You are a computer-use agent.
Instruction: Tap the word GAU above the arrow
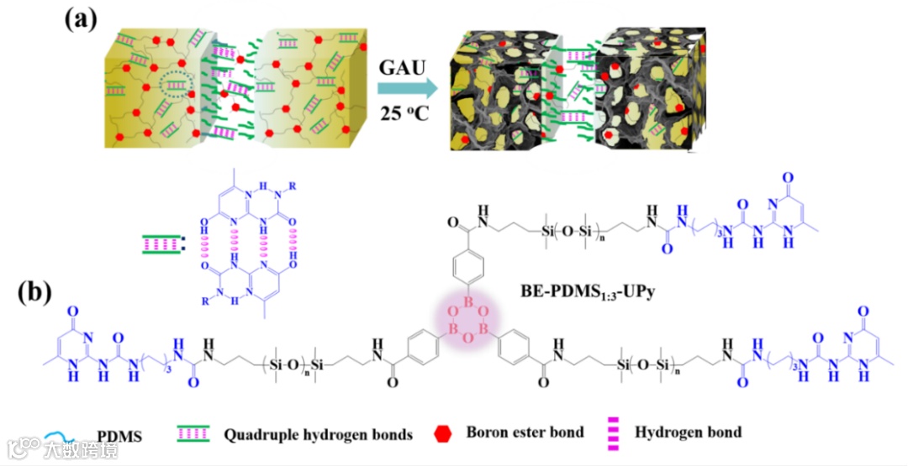pyautogui.click(x=403, y=65)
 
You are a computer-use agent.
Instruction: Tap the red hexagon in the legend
pyautogui.click(x=443, y=433)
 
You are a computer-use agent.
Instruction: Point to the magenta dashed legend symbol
pyautogui.click(x=614, y=433)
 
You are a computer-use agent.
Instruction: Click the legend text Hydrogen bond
pyautogui.click(x=688, y=433)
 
